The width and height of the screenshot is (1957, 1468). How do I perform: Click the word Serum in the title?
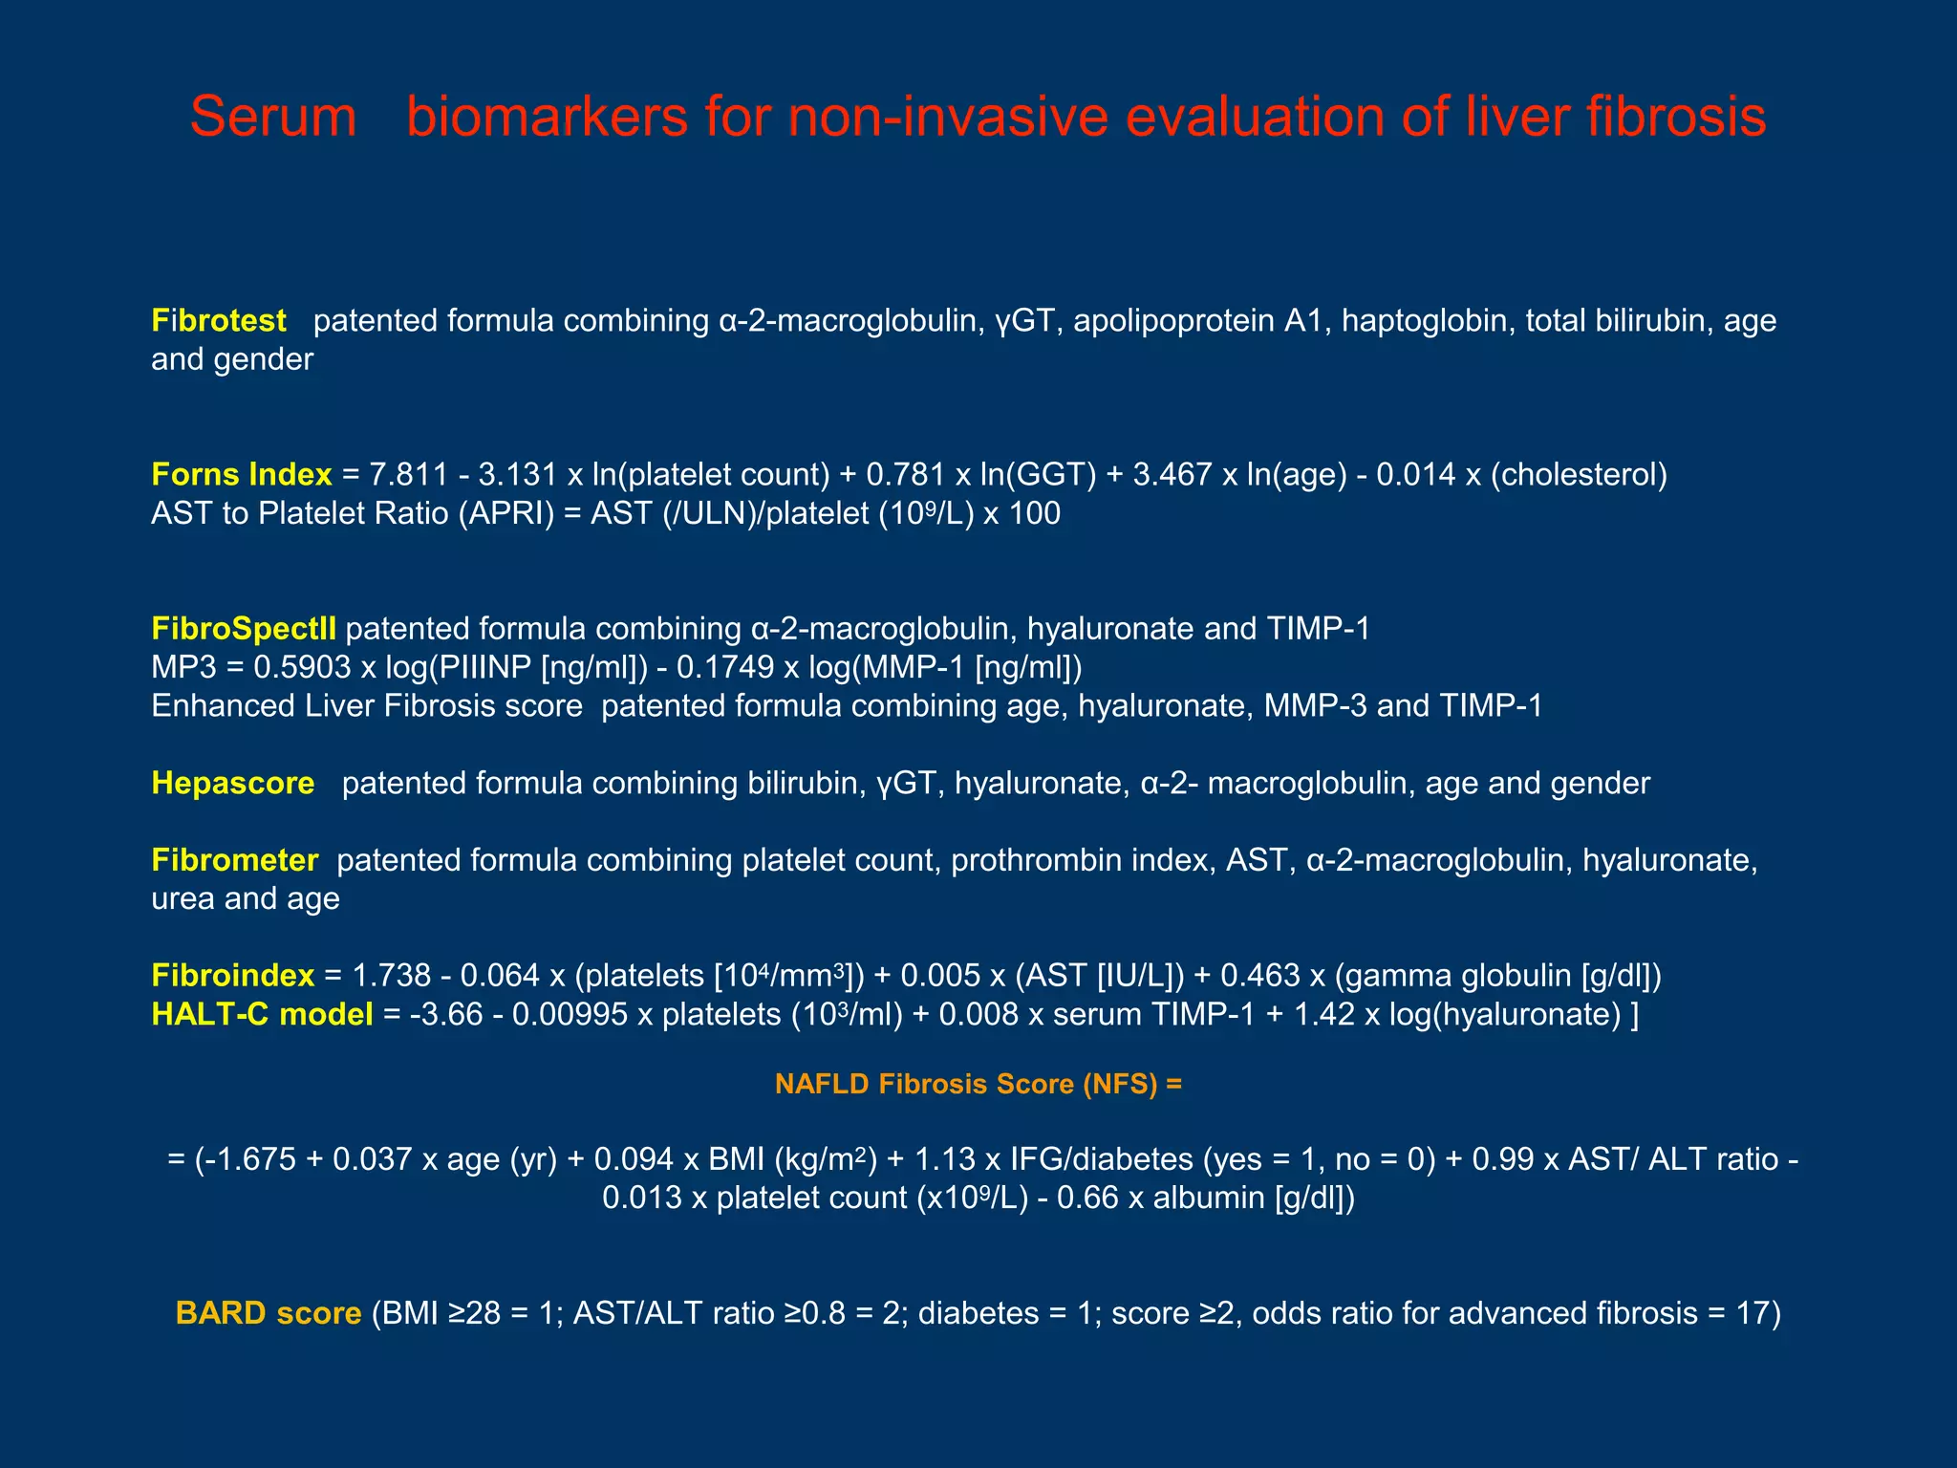(x=273, y=117)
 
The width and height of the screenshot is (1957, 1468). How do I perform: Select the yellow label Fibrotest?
(x=219, y=320)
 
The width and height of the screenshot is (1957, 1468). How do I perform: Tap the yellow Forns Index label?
(x=241, y=474)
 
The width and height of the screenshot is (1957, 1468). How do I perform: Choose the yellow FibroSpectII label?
(x=244, y=629)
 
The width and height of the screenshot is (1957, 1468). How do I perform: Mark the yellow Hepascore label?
(x=233, y=783)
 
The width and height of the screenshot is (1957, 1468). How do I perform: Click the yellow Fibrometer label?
(x=235, y=860)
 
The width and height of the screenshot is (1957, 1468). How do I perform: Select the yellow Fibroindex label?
(x=232, y=975)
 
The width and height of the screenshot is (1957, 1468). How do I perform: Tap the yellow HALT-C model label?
(x=262, y=1014)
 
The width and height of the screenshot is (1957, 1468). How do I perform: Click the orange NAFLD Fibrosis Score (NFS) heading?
(x=978, y=1084)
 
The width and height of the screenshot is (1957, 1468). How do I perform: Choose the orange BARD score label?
(x=269, y=1313)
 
